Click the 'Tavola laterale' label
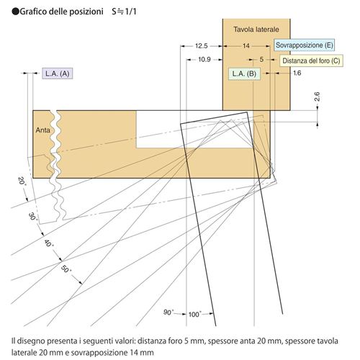[x=256, y=30]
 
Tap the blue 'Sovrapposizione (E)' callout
[x=304, y=45]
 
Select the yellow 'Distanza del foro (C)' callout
[x=311, y=60]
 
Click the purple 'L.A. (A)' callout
[x=58, y=73]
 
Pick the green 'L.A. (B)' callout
[x=244, y=73]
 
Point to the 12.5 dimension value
[x=201, y=46]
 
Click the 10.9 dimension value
[x=204, y=59]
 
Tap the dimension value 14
[x=246, y=45]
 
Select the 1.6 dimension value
[x=297, y=73]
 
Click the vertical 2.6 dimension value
[x=317, y=96]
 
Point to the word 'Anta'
[x=42, y=130]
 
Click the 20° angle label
[x=22, y=181]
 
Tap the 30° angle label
[x=33, y=217]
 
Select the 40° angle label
[x=49, y=243]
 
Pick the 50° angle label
[x=66, y=269]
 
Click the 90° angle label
[x=168, y=312]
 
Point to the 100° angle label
[x=195, y=314]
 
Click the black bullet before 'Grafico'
[x=15, y=12]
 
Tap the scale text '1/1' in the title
[x=130, y=12]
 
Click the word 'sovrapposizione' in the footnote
[x=99, y=353]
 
